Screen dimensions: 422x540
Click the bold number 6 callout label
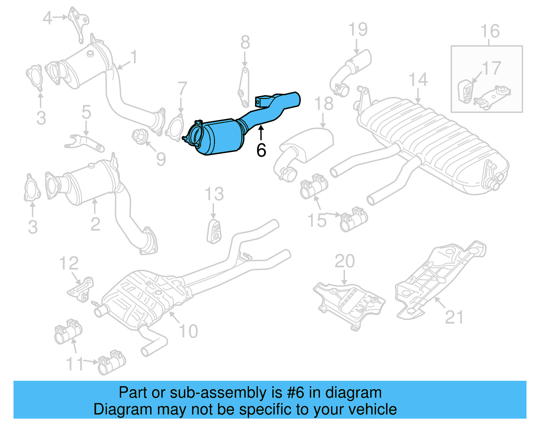click(261, 150)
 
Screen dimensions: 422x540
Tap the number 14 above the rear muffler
click(418, 80)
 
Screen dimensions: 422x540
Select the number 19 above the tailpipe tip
click(358, 29)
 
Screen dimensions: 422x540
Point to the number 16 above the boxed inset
click(490, 31)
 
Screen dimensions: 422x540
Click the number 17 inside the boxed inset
click(491, 69)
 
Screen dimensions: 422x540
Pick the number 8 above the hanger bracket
click(245, 43)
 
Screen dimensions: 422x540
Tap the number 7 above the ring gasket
click(182, 89)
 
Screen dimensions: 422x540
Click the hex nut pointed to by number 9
click(139, 136)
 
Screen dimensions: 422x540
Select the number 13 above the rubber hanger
click(214, 194)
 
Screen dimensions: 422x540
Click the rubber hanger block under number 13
click(214, 232)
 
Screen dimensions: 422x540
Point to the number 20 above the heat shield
click(345, 261)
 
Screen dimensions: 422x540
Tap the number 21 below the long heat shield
click(454, 317)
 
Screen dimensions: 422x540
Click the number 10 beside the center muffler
click(188, 331)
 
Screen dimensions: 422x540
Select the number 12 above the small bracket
click(69, 263)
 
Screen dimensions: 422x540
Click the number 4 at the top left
click(48, 18)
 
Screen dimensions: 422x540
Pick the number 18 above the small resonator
click(324, 103)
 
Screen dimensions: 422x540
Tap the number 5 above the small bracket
click(86, 112)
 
